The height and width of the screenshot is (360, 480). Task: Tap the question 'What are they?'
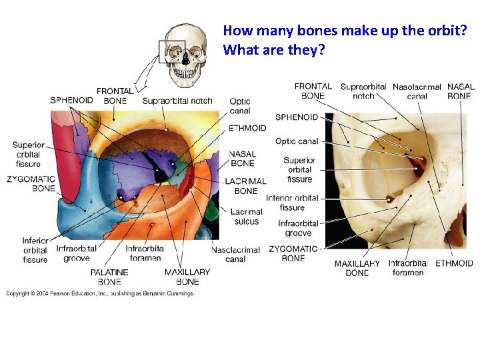[273, 50]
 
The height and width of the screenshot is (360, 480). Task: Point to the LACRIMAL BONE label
[245, 186]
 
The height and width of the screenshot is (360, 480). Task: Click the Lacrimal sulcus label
[245, 217]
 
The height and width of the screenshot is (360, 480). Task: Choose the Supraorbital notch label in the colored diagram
[177, 101]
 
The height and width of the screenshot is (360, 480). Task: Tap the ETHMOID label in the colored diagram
[247, 128]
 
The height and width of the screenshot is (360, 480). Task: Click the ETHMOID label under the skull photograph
[454, 263]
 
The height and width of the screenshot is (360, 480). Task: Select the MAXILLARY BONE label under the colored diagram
[187, 277]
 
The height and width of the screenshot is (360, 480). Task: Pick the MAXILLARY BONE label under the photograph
[357, 268]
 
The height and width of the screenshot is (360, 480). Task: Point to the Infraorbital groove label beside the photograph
[298, 228]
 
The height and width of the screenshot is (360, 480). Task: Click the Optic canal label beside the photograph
[297, 141]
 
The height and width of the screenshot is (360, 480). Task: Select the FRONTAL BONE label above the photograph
[313, 91]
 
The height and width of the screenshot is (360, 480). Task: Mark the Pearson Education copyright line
[100, 293]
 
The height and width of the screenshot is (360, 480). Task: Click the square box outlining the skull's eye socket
[171, 51]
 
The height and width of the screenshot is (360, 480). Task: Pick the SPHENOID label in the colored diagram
[71, 101]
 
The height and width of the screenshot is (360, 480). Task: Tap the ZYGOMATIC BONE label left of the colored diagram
[31, 184]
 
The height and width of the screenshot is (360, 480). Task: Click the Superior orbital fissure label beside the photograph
[299, 169]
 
